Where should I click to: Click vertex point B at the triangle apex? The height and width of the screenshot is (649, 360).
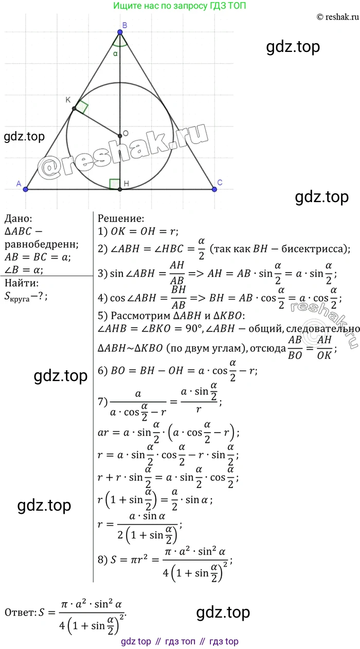pos(120,32)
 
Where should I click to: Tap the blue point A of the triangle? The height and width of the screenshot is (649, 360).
pos(26,189)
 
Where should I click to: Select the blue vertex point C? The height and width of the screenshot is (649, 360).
pos(214,189)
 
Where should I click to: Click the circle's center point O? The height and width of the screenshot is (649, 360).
pos(120,135)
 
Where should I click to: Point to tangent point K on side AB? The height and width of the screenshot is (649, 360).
pos(74,109)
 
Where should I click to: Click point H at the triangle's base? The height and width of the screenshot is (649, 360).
pos(120,189)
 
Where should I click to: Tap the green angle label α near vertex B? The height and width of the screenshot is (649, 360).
pos(115,53)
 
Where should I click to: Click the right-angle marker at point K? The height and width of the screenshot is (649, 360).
pos(81,106)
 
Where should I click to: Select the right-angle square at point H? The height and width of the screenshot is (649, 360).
pos(115,184)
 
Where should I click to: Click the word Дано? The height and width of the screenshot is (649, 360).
pos(19,219)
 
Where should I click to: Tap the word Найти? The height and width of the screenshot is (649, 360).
pos(22,283)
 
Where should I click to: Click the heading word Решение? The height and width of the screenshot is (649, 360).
pos(120,219)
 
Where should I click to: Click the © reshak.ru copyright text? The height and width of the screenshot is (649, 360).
pos(338,17)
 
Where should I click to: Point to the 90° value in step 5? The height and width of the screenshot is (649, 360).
pos(193,328)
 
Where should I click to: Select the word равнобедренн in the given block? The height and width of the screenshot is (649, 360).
pos(42,244)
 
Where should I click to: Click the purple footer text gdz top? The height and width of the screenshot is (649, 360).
pos(136,641)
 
